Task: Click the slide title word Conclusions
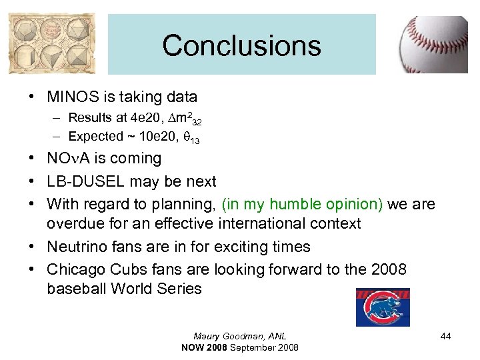241,46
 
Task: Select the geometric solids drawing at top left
52,44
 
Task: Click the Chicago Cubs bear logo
383,307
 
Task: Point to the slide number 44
445,337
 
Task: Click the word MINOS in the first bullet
75,97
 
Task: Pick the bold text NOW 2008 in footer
205,347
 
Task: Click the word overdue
74,223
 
